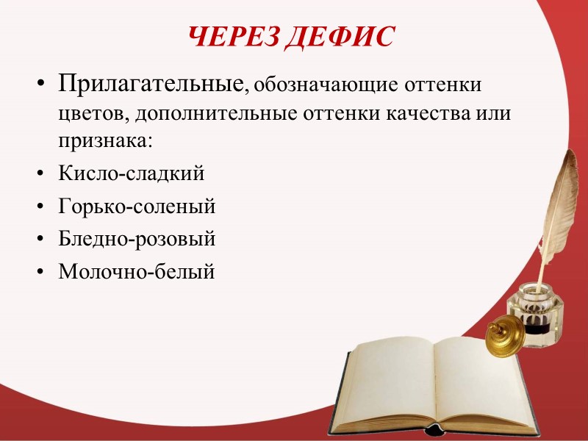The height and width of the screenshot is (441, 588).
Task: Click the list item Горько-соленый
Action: [137, 207]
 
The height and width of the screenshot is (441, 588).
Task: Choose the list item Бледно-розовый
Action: [137, 239]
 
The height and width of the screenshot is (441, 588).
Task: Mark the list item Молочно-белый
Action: [137, 271]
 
